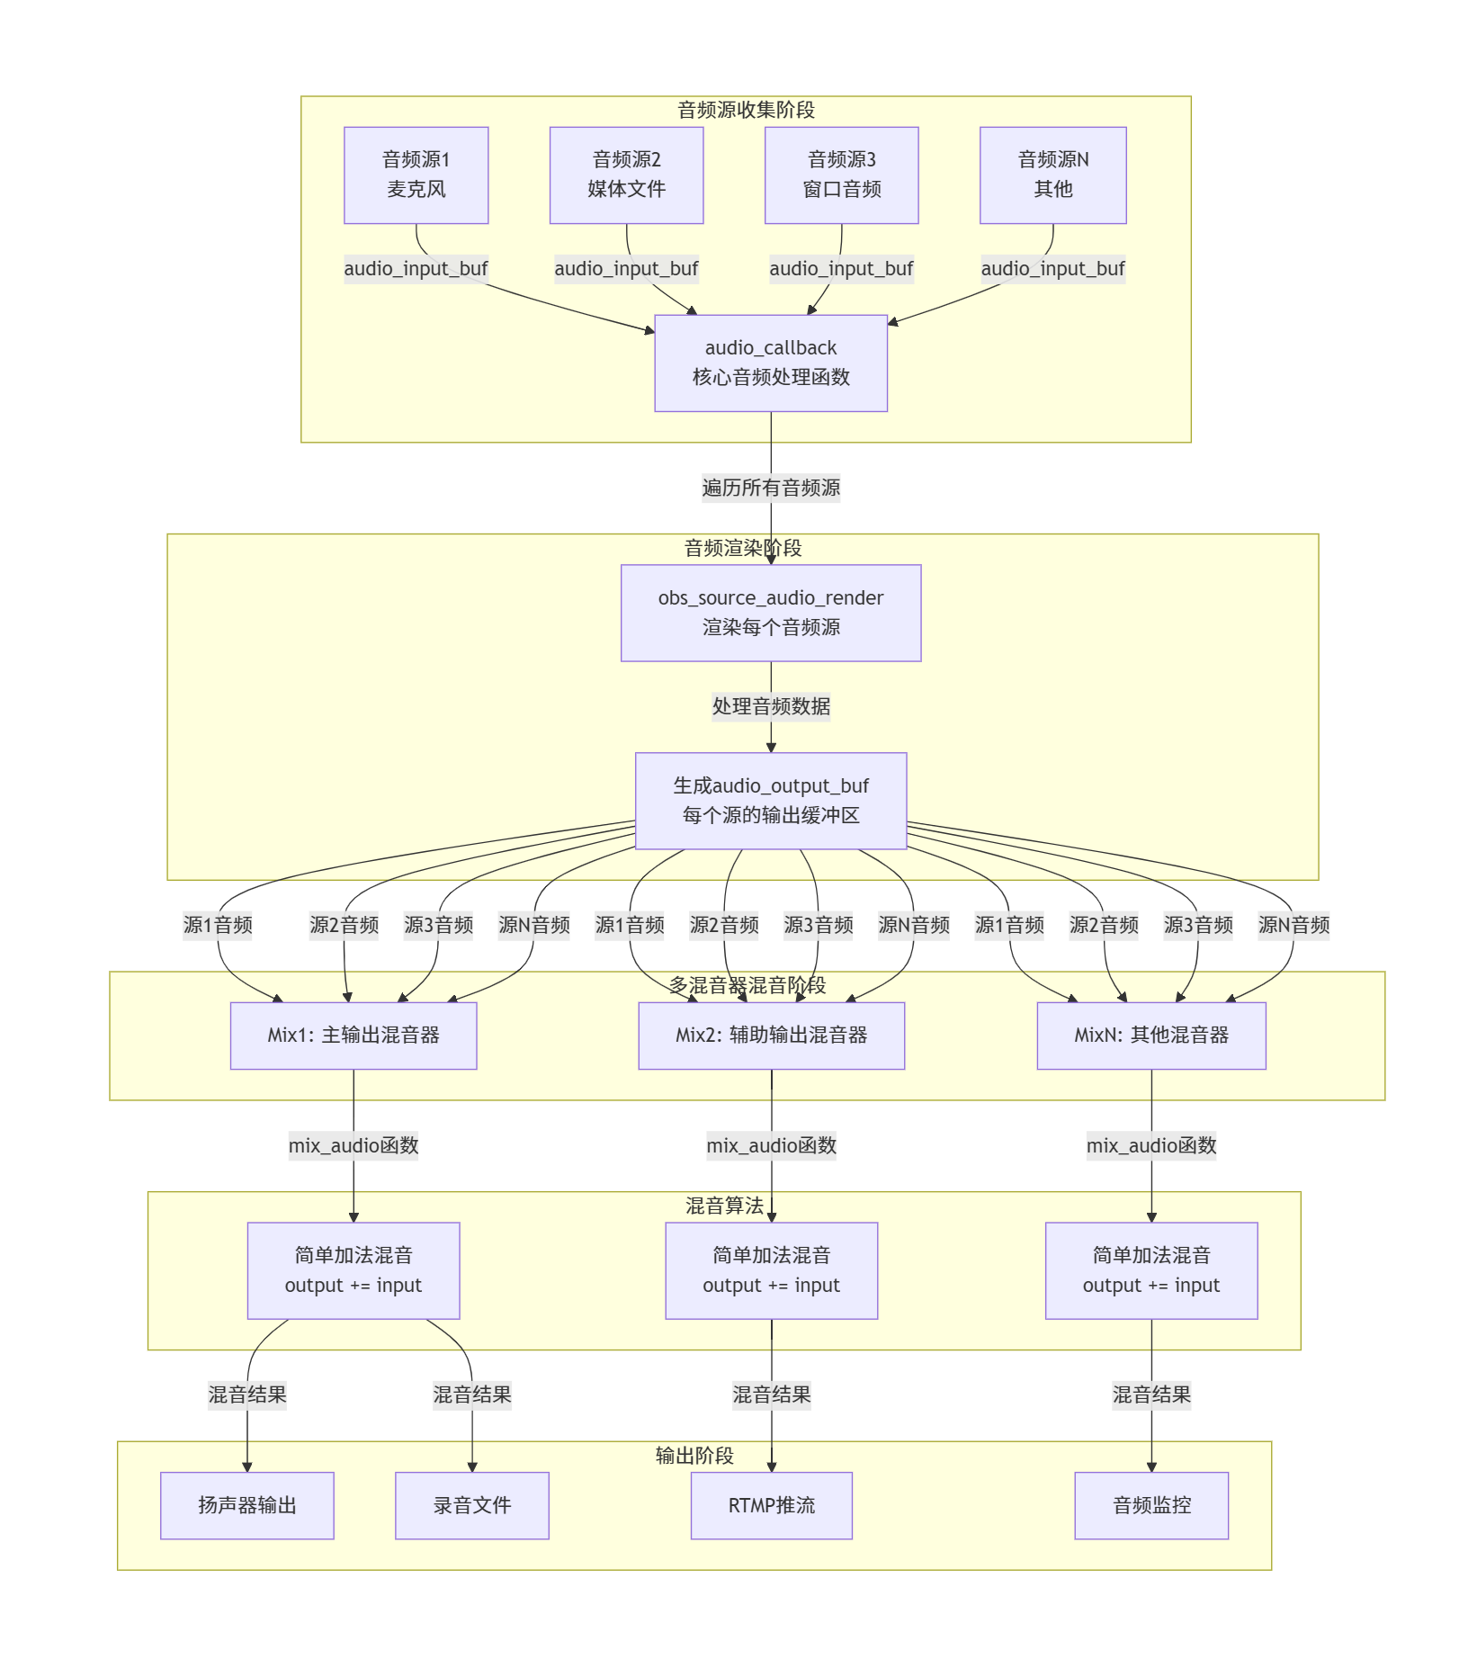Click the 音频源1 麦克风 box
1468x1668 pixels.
(416, 175)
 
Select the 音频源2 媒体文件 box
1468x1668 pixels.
(626, 175)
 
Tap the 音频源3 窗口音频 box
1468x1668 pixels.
(841, 175)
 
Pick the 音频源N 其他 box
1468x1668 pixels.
(1052, 175)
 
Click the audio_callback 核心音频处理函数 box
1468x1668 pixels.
(771, 363)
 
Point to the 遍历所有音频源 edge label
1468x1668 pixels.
(771, 488)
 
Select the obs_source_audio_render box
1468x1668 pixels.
(771, 613)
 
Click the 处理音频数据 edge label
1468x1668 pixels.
(771, 706)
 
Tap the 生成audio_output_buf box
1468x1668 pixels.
(771, 801)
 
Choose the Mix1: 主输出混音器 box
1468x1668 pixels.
(354, 1036)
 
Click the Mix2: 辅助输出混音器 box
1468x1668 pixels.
(771, 1036)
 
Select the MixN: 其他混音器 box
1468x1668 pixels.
(1151, 1036)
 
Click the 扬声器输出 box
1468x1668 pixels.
(247, 1505)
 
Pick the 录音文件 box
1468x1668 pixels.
(472, 1505)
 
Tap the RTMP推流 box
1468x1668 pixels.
(771, 1505)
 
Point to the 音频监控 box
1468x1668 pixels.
(1151, 1505)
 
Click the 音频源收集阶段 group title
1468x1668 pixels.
(746, 110)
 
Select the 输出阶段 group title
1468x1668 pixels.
(694, 1455)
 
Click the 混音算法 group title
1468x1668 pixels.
(724, 1206)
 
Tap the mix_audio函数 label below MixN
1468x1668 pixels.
(1151, 1145)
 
